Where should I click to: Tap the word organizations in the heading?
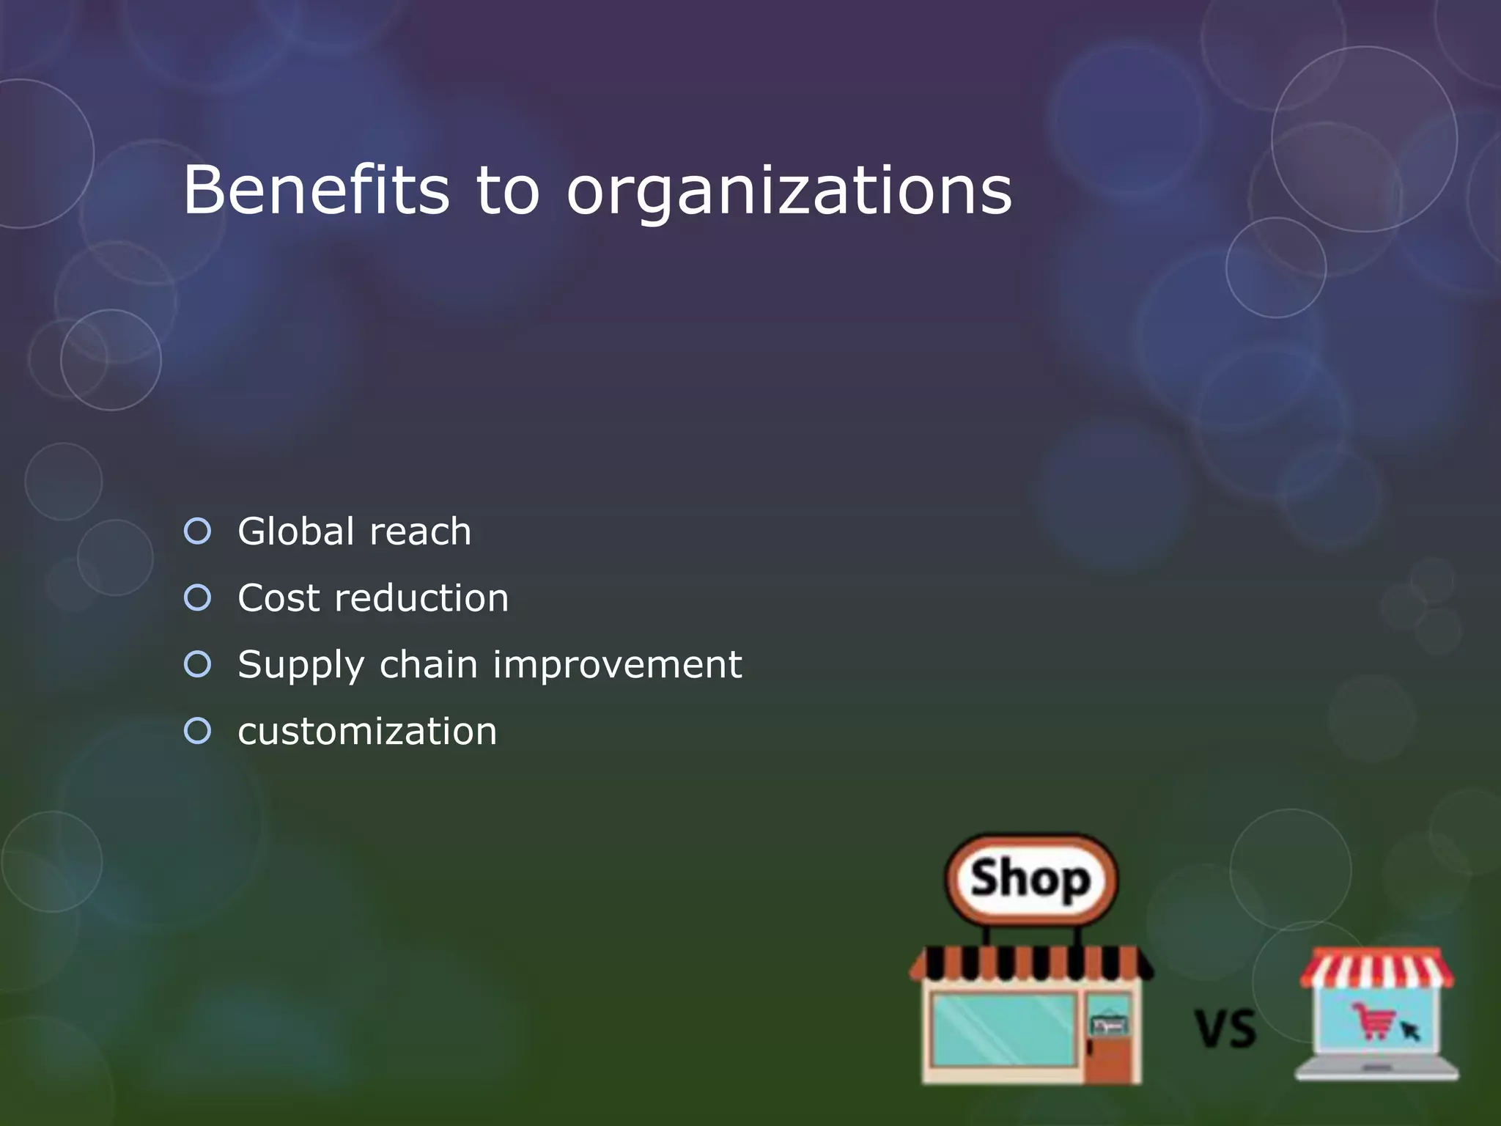point(789,192)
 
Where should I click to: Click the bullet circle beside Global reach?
point(198,531)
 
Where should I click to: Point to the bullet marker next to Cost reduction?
point(198,597)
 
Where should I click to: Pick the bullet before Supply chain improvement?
point(198,664)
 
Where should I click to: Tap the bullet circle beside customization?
point(198,731)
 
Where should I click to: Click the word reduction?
point(421,598)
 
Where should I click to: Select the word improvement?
point(617,666)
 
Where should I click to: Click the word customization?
point(367,732)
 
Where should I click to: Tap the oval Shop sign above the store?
point(1031,879)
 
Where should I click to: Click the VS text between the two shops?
point(1225,1029)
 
